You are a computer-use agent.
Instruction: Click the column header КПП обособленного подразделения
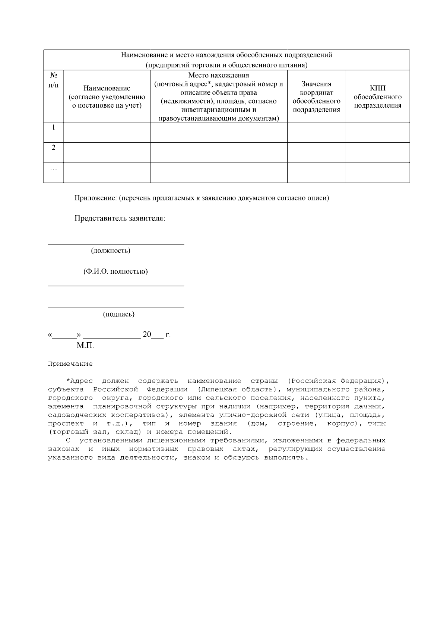(377, 97)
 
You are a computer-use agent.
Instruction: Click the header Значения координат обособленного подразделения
(316, 97)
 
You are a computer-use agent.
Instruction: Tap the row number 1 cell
(54, 127)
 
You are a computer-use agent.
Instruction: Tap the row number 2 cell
(54, 148)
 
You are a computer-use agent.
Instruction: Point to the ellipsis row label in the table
(54, 169)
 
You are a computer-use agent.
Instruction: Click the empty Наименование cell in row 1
(107, 132)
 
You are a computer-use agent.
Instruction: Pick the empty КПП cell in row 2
(377, 152)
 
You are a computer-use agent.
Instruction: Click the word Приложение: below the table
(96, 198)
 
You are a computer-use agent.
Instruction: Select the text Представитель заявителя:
(120, 218)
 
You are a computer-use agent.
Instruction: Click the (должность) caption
(111, 251)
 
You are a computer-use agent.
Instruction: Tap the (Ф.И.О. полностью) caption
(115, 271)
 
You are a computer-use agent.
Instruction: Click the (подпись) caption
(118, 314)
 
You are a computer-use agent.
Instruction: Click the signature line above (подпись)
(116, 308)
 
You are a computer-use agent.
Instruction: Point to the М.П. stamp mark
(85, 346)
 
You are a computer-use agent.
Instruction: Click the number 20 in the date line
(147, 334)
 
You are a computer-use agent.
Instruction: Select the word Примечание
(70, 364)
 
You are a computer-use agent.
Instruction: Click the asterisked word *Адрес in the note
(79, 381)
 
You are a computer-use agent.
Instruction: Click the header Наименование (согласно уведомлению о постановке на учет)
(107, 97)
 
